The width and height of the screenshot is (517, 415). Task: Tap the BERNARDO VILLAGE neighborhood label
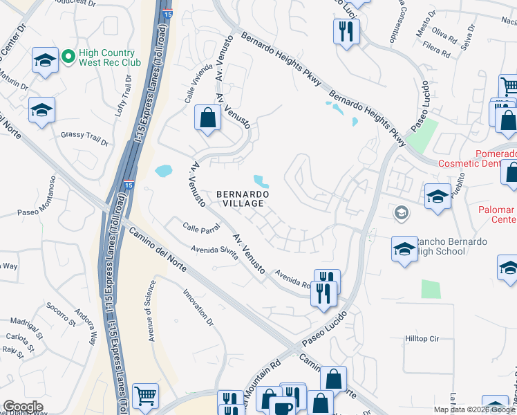pyautogui.click(x=240, y=199)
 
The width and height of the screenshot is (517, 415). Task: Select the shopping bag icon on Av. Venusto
pyautogui.click(x=207, y=118)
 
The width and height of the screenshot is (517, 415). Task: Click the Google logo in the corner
pyautogui.click(x=23, y=407)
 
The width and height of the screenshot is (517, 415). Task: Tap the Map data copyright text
pyautogui.click(x=474, y=409)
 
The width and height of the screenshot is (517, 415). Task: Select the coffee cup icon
pyautogui.click(x=282, y=407)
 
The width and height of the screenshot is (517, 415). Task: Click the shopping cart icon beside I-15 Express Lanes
pyautogui.click(x=145, y=397)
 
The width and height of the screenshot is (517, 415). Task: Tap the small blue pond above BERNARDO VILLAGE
pyautogui.click(x=261, y=181)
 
